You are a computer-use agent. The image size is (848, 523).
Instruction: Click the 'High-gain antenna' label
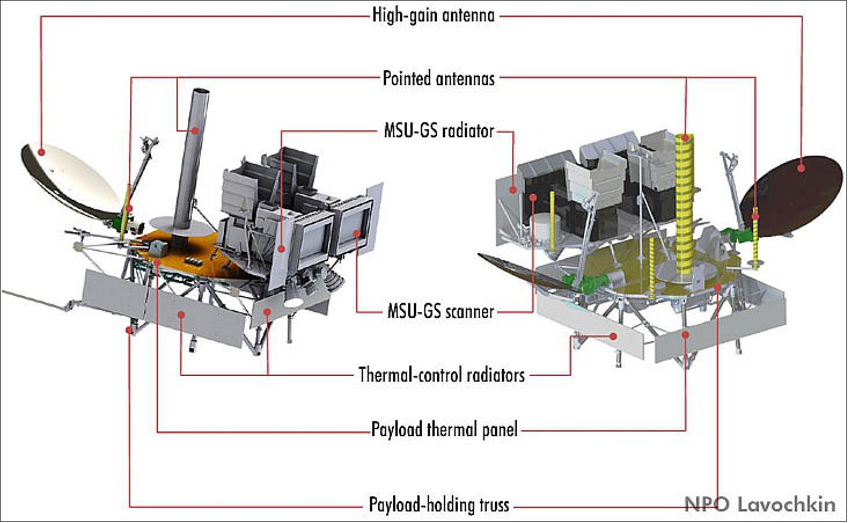pos(434,16)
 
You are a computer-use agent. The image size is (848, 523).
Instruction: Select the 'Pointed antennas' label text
pos(439,78)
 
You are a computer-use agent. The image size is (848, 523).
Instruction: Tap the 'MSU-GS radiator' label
pos(439,131)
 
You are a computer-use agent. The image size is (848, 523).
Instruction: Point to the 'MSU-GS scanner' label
pos(440,312)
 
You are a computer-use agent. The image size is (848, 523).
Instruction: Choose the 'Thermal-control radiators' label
pos(442,375)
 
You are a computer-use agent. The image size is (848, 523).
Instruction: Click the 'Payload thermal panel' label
pos(444,430)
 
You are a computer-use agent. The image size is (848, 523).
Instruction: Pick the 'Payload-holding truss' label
pos(439,505)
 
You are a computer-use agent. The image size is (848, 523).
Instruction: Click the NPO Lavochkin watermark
pos(760,505)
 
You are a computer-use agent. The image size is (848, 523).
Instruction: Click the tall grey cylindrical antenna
pos(192,159)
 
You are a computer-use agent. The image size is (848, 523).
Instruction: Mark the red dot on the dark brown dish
pos(801,168)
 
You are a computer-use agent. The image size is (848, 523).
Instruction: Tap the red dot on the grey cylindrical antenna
pos(195,131)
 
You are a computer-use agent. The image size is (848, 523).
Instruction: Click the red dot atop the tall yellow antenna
pos(685,138)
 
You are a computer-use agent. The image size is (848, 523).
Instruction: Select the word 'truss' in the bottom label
pos(492,505)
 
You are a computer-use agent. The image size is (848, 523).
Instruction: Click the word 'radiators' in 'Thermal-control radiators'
pos(495,375)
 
